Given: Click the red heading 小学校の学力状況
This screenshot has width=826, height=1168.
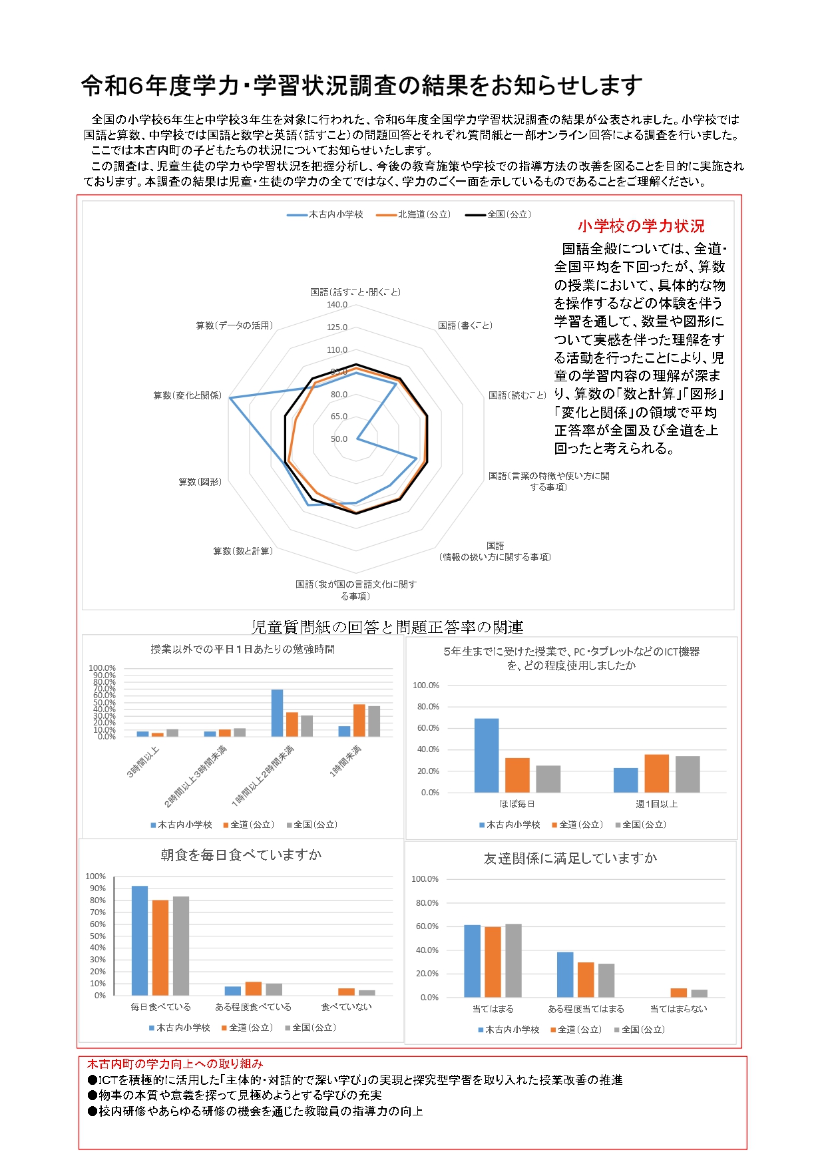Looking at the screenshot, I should [640, 226].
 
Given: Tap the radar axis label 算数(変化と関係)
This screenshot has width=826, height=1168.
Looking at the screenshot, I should [187, 395].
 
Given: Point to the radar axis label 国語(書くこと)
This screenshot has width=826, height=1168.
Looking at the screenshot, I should [465, 325].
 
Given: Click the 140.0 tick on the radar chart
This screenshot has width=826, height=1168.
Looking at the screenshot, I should [337, 305].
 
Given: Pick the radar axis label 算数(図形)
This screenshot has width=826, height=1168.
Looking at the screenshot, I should [200, 482].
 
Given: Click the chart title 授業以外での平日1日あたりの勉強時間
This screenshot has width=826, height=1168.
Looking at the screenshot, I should [242, 649].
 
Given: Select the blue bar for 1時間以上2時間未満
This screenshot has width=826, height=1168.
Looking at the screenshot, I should [277, 713].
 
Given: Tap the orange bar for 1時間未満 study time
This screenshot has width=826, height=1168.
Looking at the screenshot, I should [359, 720].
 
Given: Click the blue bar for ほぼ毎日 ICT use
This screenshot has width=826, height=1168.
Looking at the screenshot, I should [486, 755].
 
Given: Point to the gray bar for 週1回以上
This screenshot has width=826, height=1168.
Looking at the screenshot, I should [688, 774].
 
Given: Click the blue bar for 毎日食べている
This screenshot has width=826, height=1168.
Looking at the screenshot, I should [140, 940].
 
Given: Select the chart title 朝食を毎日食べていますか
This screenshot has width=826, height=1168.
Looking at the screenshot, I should [241, 855].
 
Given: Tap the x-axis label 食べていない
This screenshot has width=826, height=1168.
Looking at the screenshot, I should [346, 1007].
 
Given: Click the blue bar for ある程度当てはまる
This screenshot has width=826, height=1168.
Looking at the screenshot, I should [565, 974].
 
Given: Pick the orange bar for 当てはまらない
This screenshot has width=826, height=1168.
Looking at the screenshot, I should [678, 992].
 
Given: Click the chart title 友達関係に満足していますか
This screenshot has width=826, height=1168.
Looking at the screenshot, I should [570, 859].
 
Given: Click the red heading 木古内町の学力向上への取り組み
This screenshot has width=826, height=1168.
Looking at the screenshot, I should [175, 1064].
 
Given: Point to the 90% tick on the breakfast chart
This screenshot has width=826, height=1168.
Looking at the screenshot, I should [98, 888].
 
